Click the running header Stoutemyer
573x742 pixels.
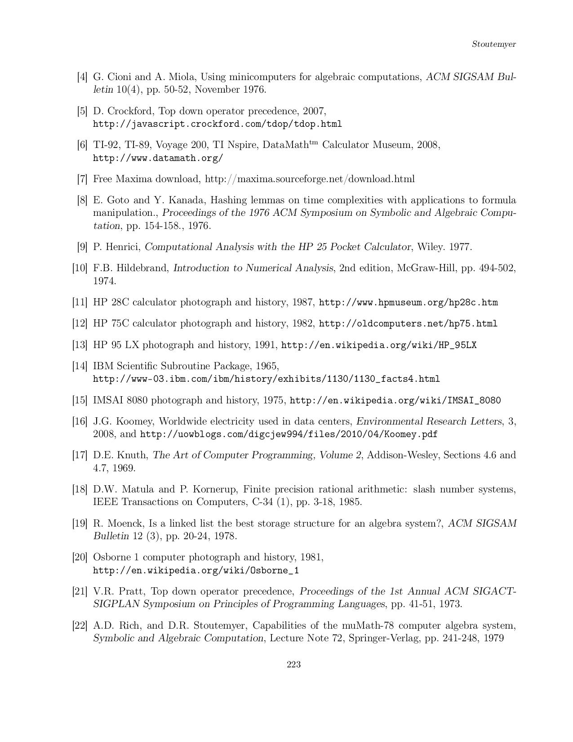pyautogui.click(x=493, y=44)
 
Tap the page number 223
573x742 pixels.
pyautogui.click(x=293, y=665)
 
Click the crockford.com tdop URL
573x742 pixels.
pyautogui.click(x=217, y=124)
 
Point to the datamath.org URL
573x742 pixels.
pyautogui.click(x=158, y=158)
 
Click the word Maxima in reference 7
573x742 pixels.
pyautogui.click(x=134, y=179)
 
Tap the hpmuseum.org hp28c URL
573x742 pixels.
pyautogui.click(x=408, y=303)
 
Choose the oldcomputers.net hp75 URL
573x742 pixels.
pyautogui.click(x=408, y=324)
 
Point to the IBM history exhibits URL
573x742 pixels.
pyautogui.click(x=266, y=379)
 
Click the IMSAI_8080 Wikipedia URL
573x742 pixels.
pyautogui.click(x=395, y=400)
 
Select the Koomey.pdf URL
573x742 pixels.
pyautogui.click(x=289, y=434)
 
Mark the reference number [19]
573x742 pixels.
pyautogui.click(x=80, y=523)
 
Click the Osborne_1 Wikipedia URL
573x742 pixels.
pyautogui.click(x=195, y=571)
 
